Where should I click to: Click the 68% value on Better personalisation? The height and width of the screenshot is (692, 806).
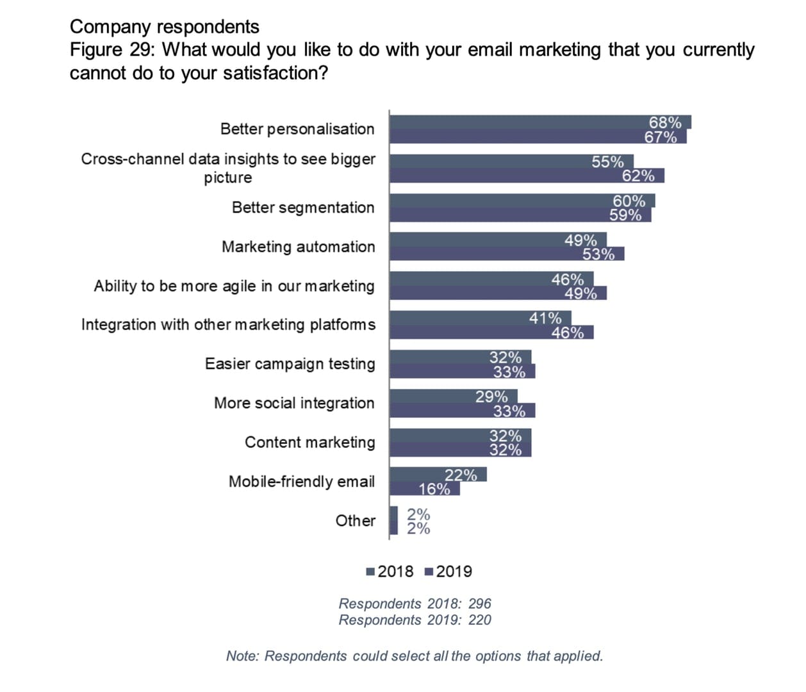[x=664, y=122]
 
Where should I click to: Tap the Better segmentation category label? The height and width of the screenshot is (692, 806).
[x=302, y=208]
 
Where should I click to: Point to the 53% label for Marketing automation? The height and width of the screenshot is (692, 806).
[x=598, y=254]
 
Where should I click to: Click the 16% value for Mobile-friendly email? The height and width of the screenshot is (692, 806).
[x=434, y=489]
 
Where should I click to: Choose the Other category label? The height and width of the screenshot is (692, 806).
[x=355, y=520]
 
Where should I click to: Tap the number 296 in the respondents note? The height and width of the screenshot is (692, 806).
[x=479, y=604]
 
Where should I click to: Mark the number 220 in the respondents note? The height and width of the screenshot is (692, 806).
[x=479, y=620]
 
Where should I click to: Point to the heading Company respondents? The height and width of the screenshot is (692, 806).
[x=164, y=27]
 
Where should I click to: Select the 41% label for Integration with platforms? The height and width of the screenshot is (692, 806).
[x=545, y=318]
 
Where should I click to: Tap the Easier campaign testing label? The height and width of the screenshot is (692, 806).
[x=290, y=364]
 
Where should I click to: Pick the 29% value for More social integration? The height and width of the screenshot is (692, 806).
[x=491, y=397]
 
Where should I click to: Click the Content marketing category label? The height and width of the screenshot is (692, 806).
[x=309, y=442]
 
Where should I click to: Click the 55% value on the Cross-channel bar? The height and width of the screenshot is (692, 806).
[x=607, y=161]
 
